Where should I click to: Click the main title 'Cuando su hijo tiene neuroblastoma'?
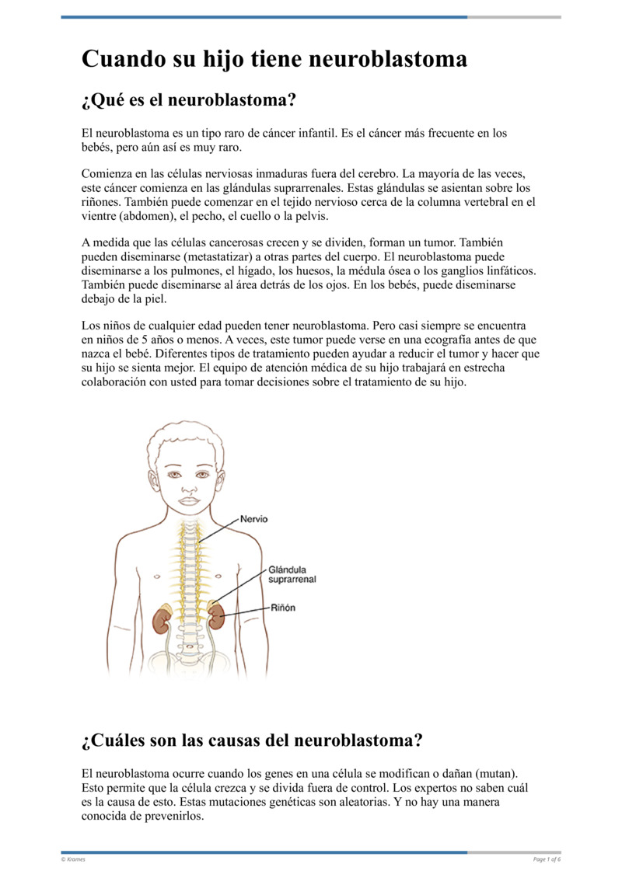click(x=274, y=59)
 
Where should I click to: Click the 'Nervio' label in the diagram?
click(x=254, y=518)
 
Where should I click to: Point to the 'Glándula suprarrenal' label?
click(x=292, y=574)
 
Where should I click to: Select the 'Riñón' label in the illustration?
click(x=283, y=608)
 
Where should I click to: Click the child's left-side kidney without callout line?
click(x=162, y=619)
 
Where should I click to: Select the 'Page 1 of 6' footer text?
click(x=547, y=859)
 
